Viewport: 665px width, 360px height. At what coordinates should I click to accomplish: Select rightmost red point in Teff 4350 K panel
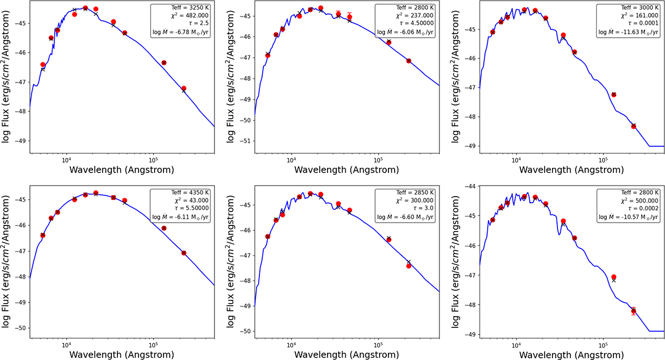(184, 253)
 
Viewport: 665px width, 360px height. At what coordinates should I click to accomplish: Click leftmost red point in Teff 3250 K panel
(43, 65)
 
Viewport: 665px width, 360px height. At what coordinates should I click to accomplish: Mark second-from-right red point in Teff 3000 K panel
(613, 95)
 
